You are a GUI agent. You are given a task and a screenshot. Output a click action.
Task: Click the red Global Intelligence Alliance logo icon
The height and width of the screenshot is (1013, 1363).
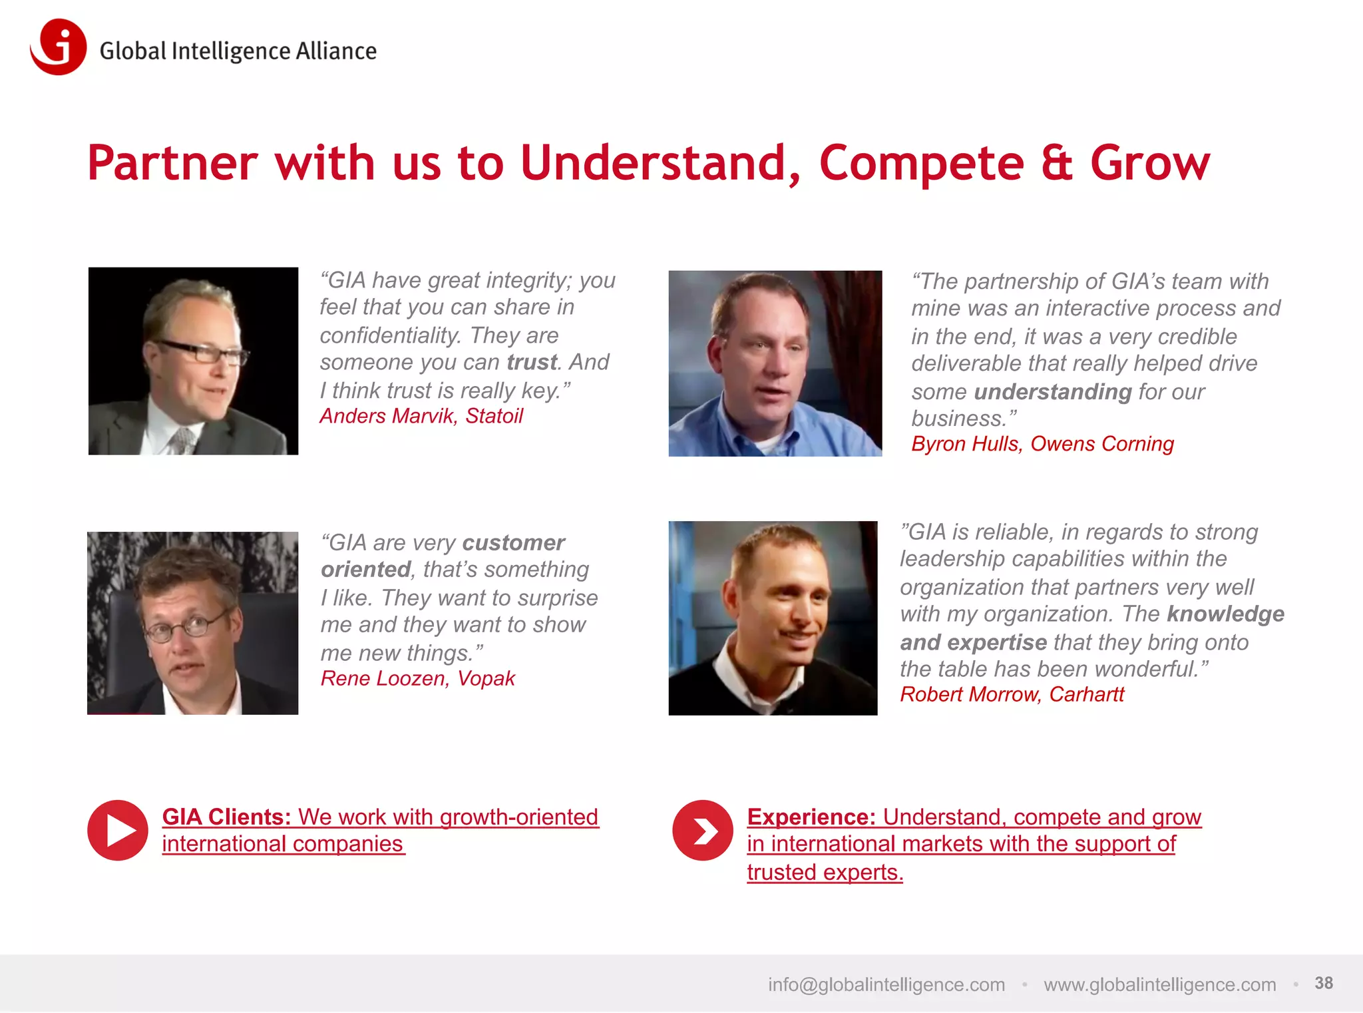point(59,47)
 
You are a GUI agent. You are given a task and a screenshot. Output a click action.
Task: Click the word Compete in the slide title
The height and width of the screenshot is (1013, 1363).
point(921,164)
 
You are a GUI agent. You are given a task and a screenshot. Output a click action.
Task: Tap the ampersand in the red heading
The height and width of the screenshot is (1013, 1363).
point(1057,164)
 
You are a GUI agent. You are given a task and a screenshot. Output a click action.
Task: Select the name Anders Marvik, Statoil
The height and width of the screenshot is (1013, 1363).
point(421,416)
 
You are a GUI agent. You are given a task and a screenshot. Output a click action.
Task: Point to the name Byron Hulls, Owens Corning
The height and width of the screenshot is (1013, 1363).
point(1042,444)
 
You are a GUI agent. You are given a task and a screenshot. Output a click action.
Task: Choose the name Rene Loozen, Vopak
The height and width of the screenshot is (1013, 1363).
point(417,678)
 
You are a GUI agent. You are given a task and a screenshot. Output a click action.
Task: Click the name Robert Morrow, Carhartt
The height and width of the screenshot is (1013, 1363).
point(1012,694)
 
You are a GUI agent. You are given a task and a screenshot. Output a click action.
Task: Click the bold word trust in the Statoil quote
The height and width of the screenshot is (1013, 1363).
point(531,362)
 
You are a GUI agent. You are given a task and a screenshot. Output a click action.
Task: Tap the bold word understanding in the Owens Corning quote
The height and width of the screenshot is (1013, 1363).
point(1052,392)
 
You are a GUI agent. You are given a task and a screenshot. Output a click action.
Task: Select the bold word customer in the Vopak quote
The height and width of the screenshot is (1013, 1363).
point(513,543)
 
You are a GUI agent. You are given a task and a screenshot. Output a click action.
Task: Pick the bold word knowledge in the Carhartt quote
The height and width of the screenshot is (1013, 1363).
point(1225,614)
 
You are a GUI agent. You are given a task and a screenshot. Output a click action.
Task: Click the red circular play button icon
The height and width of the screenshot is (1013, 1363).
point(118,830)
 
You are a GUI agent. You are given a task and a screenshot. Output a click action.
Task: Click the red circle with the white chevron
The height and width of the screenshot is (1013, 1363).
point(703,830)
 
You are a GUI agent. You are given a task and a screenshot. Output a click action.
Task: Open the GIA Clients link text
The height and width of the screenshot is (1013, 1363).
point(379,817)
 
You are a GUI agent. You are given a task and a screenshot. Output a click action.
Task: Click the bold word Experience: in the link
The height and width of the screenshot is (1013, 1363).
point(811,817)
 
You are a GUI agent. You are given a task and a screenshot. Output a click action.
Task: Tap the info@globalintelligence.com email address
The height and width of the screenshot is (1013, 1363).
point(886,984)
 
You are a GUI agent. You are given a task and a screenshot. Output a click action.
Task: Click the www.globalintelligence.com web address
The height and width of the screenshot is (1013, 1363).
point(1159,984)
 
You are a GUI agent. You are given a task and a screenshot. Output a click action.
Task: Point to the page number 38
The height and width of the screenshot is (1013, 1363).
point(1323,983)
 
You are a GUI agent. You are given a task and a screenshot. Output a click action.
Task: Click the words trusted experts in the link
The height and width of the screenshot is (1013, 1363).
point(825,872)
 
